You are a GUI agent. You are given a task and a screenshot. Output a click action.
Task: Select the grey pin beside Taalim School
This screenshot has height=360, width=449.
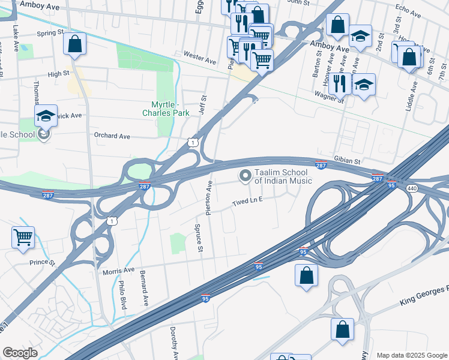[245, 176]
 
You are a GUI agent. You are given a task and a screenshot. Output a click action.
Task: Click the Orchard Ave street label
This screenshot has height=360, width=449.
[112, 136]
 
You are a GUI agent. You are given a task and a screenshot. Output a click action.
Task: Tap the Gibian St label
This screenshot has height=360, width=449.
[348, 161]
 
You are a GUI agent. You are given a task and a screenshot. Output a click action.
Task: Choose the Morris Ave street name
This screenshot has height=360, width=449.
[118, 271]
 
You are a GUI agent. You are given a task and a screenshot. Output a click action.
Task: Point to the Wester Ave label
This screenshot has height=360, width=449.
[199, 61]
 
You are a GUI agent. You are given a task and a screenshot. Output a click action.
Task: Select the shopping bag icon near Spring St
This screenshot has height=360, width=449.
[74, 43]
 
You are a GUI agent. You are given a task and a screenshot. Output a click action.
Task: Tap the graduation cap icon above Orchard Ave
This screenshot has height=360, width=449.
[46, 115]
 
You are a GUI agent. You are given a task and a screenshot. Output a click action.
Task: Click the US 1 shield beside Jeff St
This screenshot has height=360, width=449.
[191, 142]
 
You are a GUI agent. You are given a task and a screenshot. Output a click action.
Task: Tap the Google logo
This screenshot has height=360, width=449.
[20, 353]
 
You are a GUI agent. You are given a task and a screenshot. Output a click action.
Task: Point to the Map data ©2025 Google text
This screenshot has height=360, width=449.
[411, 355]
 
